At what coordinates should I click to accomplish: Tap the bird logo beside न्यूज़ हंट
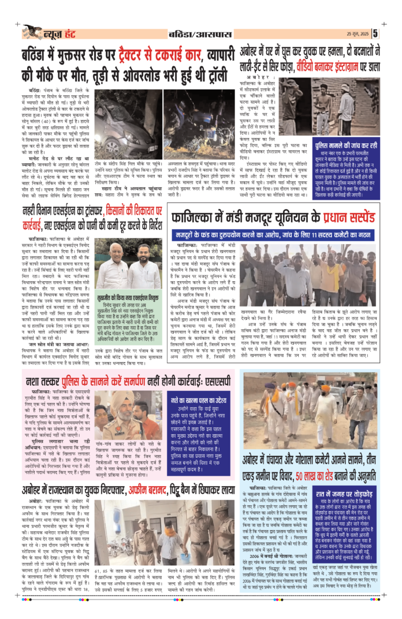coord(33,31)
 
